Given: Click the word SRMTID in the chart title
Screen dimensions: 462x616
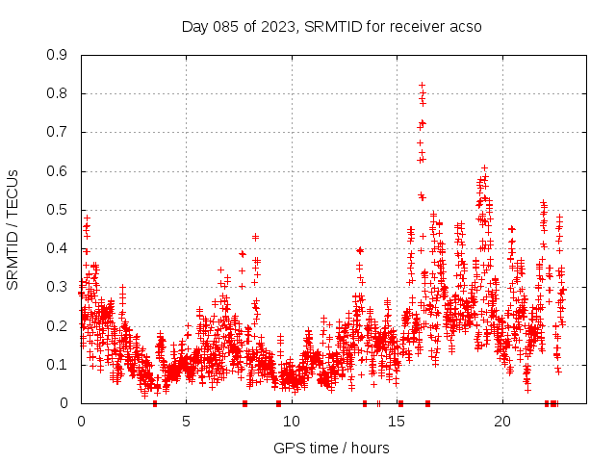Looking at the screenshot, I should [x=328, y=26].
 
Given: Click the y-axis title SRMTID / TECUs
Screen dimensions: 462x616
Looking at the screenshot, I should [x=13, y=229].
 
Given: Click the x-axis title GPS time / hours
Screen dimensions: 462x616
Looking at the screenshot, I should [x=331, y=448].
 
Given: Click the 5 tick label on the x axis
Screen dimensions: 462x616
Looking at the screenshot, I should [x=187, y=421].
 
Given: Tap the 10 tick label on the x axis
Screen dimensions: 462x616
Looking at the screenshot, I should [x=292, y=421].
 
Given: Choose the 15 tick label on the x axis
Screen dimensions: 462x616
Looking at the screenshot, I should [x=398, y=421].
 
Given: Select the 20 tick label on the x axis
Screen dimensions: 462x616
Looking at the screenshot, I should [x=502, y=421].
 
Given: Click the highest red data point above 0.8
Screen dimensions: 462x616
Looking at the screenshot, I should [x=422, y=85].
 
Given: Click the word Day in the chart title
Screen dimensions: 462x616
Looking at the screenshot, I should [x=194, y=26].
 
